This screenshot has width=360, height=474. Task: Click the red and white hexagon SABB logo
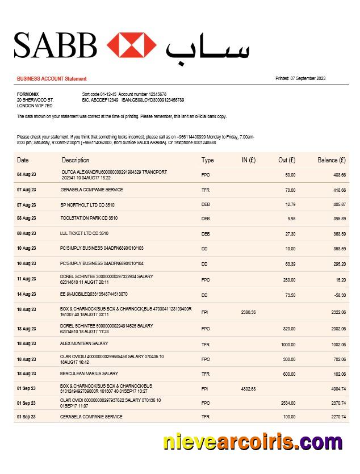pyautogui.click(x=131, y=45)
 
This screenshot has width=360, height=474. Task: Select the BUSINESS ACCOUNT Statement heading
pyautogui.click(x=52, y=79)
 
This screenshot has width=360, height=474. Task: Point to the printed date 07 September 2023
pyautogui.click(x=300, y=78)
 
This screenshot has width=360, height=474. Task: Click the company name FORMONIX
pyautogui.click(x=28, y=94)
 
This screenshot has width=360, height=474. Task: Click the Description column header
pyautogui.click(x=76, y=160)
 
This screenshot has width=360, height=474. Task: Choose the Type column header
pyautogui.click(x=207, y=160)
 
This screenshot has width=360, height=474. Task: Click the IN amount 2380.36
pyautogui.click(x=248, y=312)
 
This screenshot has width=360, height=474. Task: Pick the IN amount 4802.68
pyautogui.click(x=248, y=389)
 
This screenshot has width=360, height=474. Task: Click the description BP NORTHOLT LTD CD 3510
pyautogui.click(x=87, y=204)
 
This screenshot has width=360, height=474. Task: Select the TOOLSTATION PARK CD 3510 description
pyautogui.click(x=89, y=218)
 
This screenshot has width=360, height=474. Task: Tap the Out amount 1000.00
pyautogui.click(x=288, y=344)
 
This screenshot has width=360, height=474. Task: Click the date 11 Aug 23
pyautogui.click(x=26, y=279)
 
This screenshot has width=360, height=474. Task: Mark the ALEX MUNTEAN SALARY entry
pyautogui.click(x=84, y=343)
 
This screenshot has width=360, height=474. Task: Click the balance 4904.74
pyautogui.click(x=338, y=389)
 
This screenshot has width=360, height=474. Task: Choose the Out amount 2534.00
pyautogui.click(x=288, y=403)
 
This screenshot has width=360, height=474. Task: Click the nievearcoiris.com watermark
pyautogui.click(x=253, y=441)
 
